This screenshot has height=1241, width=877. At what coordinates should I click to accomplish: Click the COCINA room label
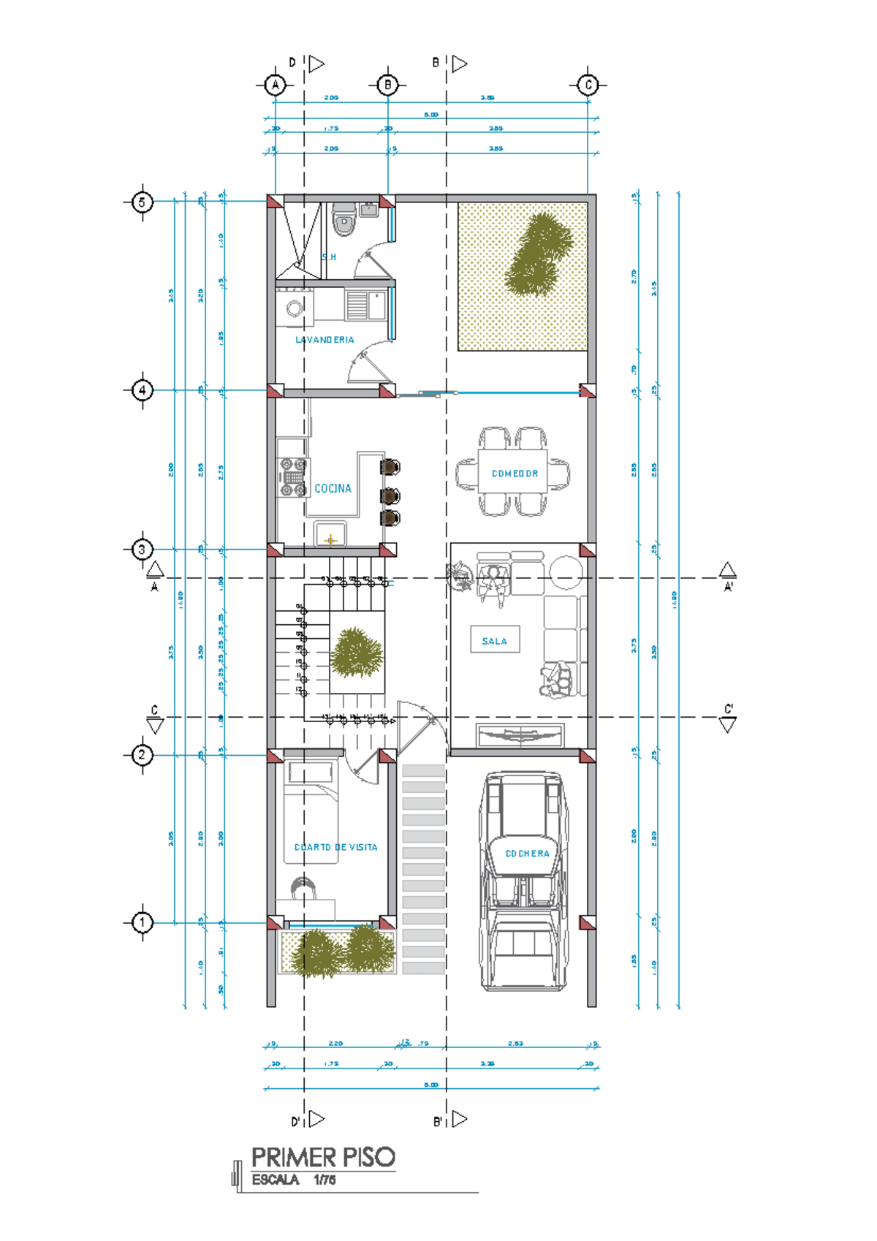pyautogui.click(x=333, y=488)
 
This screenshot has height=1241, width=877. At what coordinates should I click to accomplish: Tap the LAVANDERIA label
pyautogui.click(x=324, y=340)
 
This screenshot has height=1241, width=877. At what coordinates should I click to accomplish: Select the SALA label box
pyautogui.click(x=495, y=640)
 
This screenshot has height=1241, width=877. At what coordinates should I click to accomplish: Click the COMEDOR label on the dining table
pyautogui.click(x=515, y=474)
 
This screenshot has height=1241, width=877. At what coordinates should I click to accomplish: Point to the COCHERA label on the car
pyautogui.click(x=527, y=853)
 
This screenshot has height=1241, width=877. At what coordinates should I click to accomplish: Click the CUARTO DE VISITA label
pyautogui.click(x=335, y=847)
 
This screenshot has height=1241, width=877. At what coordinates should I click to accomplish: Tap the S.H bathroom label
pyautogui.click(x=330, y=257)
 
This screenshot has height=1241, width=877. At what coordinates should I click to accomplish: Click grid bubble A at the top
pyautogui.click(x=275, y=85)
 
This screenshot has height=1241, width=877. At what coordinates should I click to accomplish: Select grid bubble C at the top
pyautogui.click(x=588, y=85)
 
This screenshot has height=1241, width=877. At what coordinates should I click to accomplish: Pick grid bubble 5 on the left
pyautogui.click(x=143, y=201)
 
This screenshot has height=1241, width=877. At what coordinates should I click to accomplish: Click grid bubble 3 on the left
pyautogui.click(x=143, y=549)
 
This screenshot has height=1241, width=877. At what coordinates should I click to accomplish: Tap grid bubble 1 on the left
pyautogui.click(x=143, y=922)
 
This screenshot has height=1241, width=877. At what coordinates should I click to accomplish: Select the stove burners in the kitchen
pyautogui.click(x=294, y=477)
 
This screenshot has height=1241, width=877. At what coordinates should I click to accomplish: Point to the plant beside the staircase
pyautogui.click(x=356, y=652)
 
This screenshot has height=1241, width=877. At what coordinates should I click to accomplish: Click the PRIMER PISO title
pyautogui.click(x=323, y=1157)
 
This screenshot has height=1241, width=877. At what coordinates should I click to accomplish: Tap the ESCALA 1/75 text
pyautogui.click(x=293, y=1180)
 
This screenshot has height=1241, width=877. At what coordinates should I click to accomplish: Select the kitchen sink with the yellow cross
pyautogui.click(x=330, y=536)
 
